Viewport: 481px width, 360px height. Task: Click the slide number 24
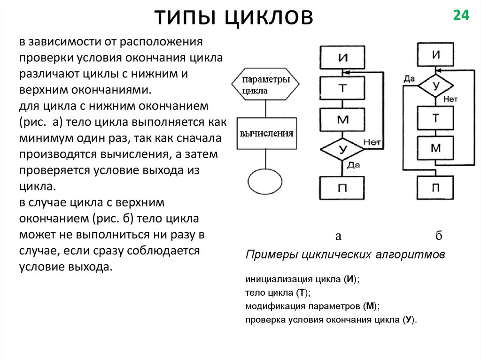461,15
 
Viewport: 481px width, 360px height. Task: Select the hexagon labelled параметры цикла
265,84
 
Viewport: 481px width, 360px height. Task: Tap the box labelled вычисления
266,133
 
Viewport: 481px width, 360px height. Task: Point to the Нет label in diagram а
372,142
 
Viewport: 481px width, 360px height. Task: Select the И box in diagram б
435,54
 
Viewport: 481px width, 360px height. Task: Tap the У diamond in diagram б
435,85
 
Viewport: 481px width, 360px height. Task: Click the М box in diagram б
435,148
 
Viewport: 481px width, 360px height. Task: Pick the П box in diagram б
435,188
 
